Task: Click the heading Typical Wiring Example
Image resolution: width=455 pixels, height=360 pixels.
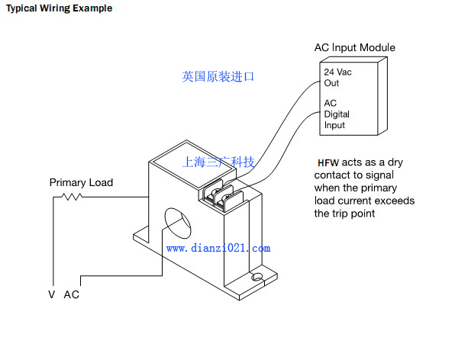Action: (x=60, y=8)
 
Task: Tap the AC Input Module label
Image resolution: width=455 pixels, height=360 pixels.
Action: (x=354, y=47)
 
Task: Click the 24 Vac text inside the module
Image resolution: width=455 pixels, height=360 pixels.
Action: (x=337, y=72)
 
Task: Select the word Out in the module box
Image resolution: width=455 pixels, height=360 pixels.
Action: (x=331, y=83)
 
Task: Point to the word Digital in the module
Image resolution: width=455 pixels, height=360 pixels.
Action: (x=337, y=114)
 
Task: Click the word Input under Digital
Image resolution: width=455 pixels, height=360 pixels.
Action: (x=334, y=125)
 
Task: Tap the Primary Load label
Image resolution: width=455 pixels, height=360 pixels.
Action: (x=81, y=182)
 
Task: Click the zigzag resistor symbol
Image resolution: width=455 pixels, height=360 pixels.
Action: (x=72, y=197)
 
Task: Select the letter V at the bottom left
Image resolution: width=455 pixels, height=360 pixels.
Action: (x=52, y=294)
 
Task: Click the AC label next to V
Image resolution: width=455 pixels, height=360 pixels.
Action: (x=72, y=294)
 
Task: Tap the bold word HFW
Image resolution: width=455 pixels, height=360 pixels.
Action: (x=328, y=163)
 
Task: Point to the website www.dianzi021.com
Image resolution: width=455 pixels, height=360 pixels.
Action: (x=218, y=249)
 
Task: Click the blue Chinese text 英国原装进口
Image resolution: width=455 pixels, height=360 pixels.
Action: (x=218, y=77)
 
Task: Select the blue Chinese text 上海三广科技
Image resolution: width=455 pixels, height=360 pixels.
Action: (x=218, y=162)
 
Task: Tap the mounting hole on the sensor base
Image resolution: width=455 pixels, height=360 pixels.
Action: (x=257, y=277)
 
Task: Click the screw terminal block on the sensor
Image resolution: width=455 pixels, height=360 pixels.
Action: (x=223, y=196)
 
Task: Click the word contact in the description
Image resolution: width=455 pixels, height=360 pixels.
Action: (x=333, y=175)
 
